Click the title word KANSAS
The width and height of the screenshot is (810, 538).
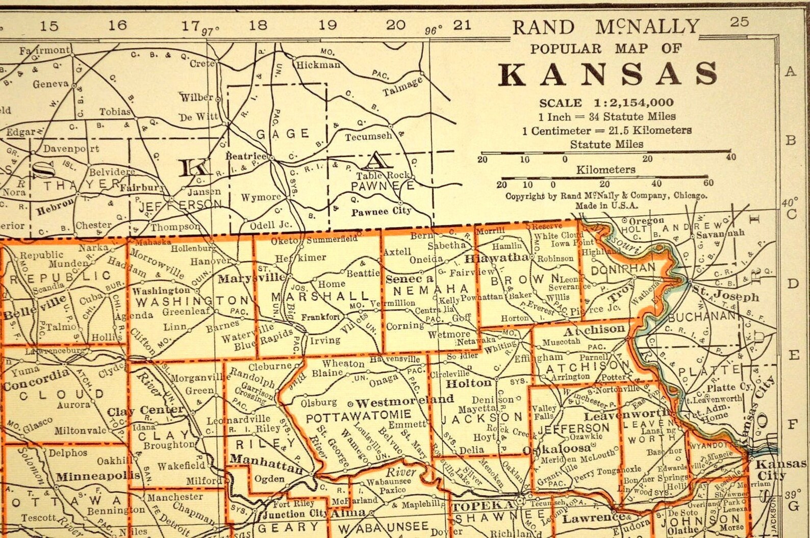(608, 74)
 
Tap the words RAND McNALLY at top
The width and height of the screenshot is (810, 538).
(605, 27)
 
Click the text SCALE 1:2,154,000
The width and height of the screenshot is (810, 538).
(606, 103)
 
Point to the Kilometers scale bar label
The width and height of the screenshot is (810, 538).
(606, 169)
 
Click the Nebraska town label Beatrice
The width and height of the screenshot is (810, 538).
(246, 156)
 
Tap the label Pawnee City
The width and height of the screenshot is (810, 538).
(381, 211)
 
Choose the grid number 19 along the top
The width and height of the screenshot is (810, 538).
(327, 24)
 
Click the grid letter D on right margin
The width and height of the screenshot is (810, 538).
(792, 284)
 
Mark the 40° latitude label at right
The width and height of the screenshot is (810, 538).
(789, 203)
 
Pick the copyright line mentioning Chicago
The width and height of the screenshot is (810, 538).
(606, 196)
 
